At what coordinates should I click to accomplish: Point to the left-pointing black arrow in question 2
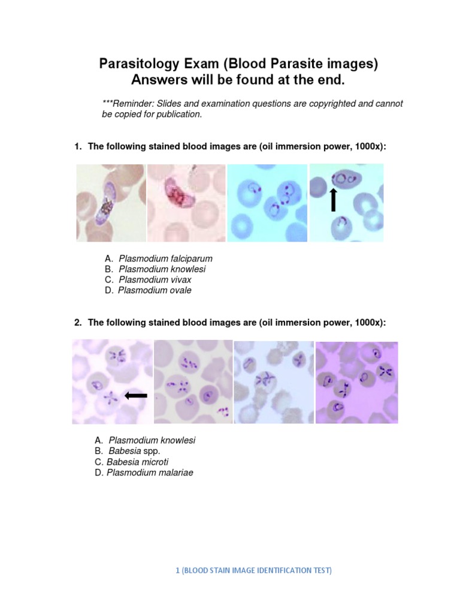pos(136,395)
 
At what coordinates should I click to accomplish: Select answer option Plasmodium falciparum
pos(165,258)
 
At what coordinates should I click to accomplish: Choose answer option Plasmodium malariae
pos(150,472)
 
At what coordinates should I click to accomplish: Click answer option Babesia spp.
pos(135,451)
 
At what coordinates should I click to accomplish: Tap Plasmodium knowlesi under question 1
pos(162,269)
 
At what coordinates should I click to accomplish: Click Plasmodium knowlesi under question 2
pos(152,440)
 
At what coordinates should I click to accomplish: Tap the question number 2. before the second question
pos(78,323)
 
